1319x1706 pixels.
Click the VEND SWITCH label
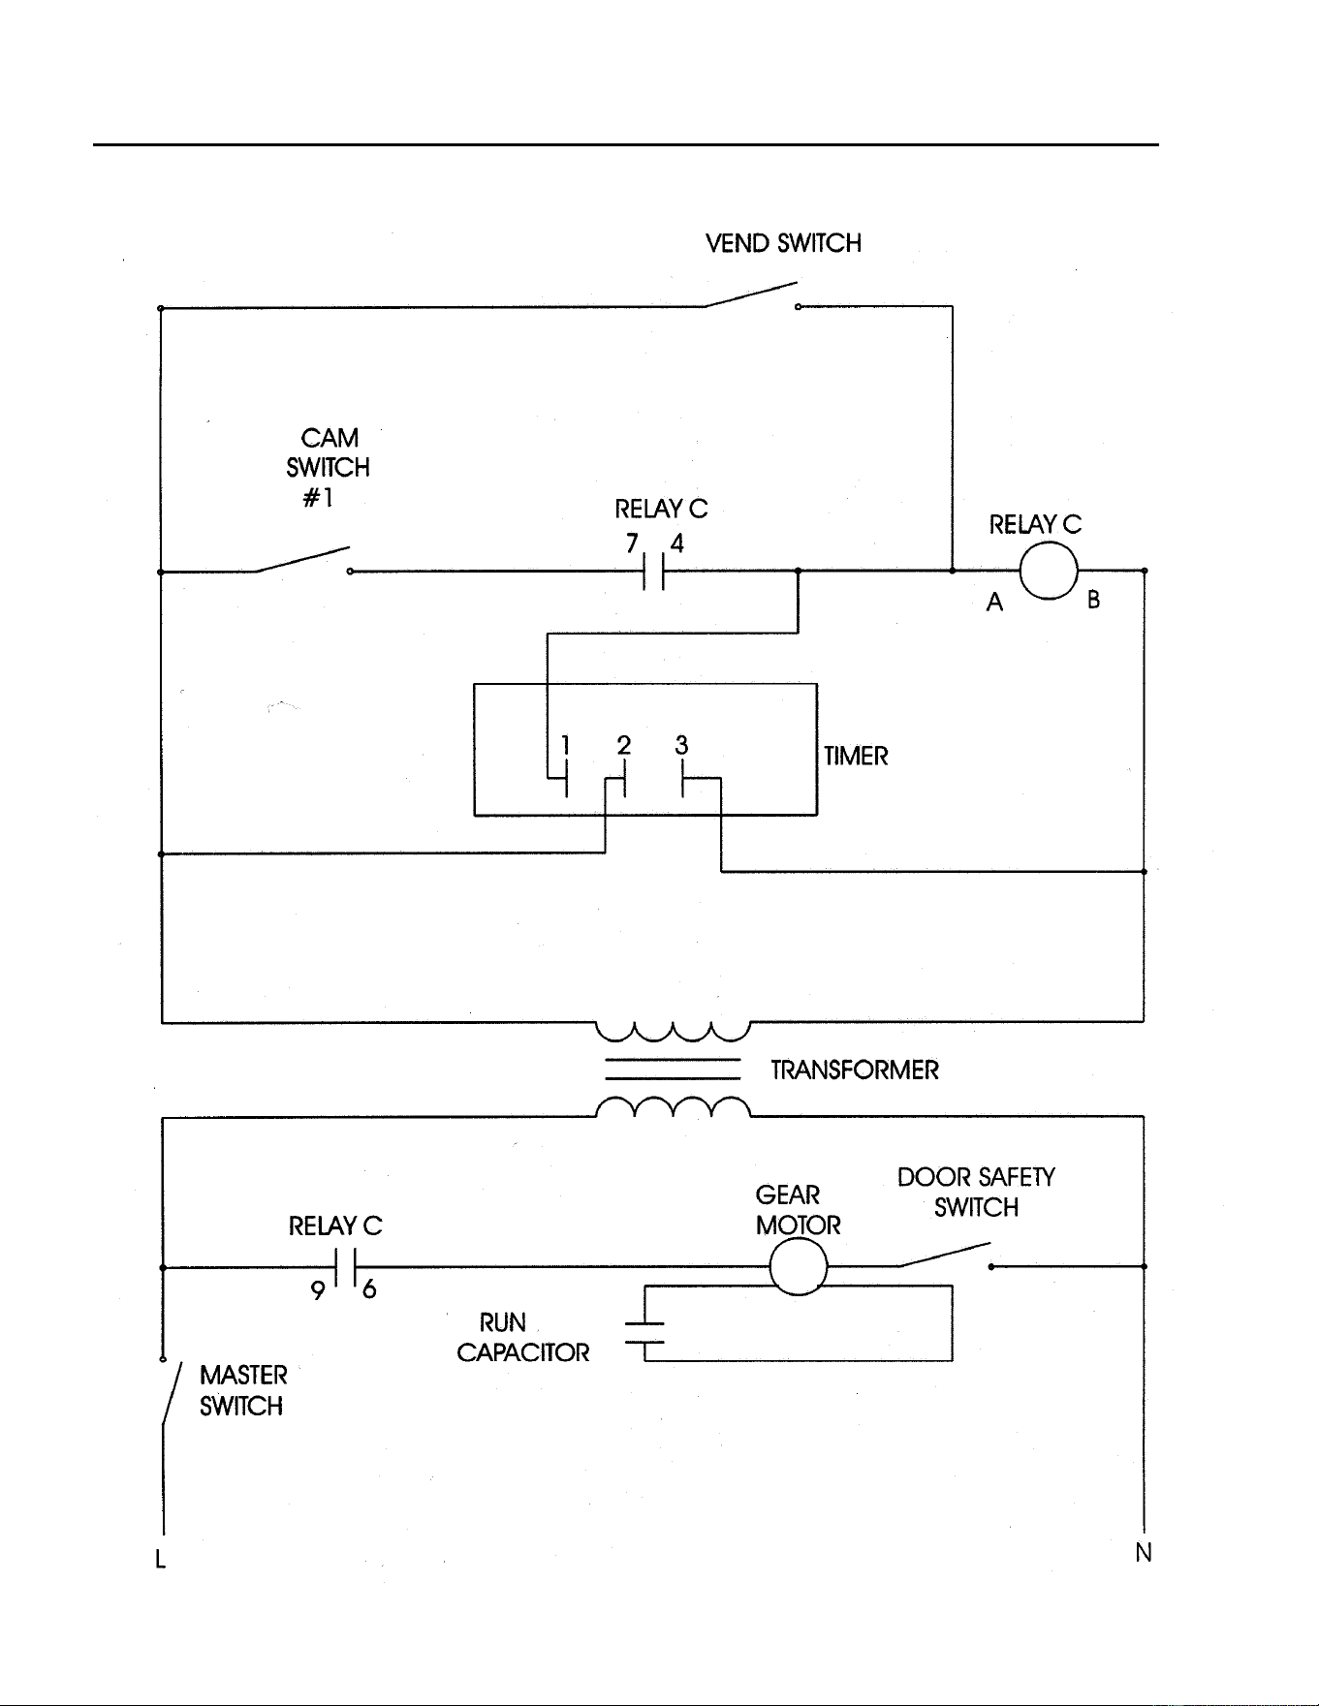[783, 243]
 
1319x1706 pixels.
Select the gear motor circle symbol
[799, 1266]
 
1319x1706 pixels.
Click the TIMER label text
[856, 756]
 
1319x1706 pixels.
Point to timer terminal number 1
[566, 745]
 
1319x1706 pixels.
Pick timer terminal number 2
[624, 745]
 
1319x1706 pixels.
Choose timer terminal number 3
[682, 745]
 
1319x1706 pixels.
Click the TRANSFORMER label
[855, 1070]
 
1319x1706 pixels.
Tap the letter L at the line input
[161, 1559]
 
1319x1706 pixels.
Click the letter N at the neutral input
[1144, 1553]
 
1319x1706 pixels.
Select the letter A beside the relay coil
[994, 603]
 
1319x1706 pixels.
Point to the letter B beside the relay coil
[1094, 600]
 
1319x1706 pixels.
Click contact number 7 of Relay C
[632, 543]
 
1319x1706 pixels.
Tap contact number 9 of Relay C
[318, 1290]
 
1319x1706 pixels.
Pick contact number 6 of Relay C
[369, 1289]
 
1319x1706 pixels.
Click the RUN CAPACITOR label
[523, 1338]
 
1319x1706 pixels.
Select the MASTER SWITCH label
[243, 1390]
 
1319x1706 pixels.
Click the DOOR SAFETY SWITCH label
[976, 1193]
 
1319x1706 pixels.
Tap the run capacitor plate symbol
[645, 1333]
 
